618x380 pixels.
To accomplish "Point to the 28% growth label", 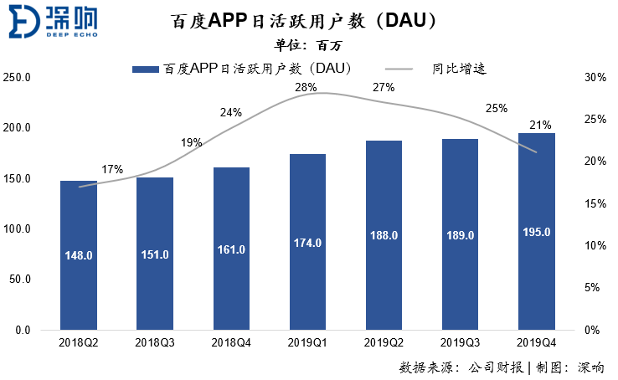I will tap(305, 87).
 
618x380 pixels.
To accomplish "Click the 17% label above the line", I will tap(112, 169).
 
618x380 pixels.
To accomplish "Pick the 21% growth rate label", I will tap(540, 126).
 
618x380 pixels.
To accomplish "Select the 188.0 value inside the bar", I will tap(384, 236).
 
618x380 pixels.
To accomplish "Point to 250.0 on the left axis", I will tap(18, 78).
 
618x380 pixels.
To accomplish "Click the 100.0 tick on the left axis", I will tap(18, 229).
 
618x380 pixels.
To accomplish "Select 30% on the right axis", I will tap(595, 78).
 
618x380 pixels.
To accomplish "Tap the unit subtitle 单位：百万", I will tap(308, 45).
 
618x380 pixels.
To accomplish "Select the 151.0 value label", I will tap(155, 254).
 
